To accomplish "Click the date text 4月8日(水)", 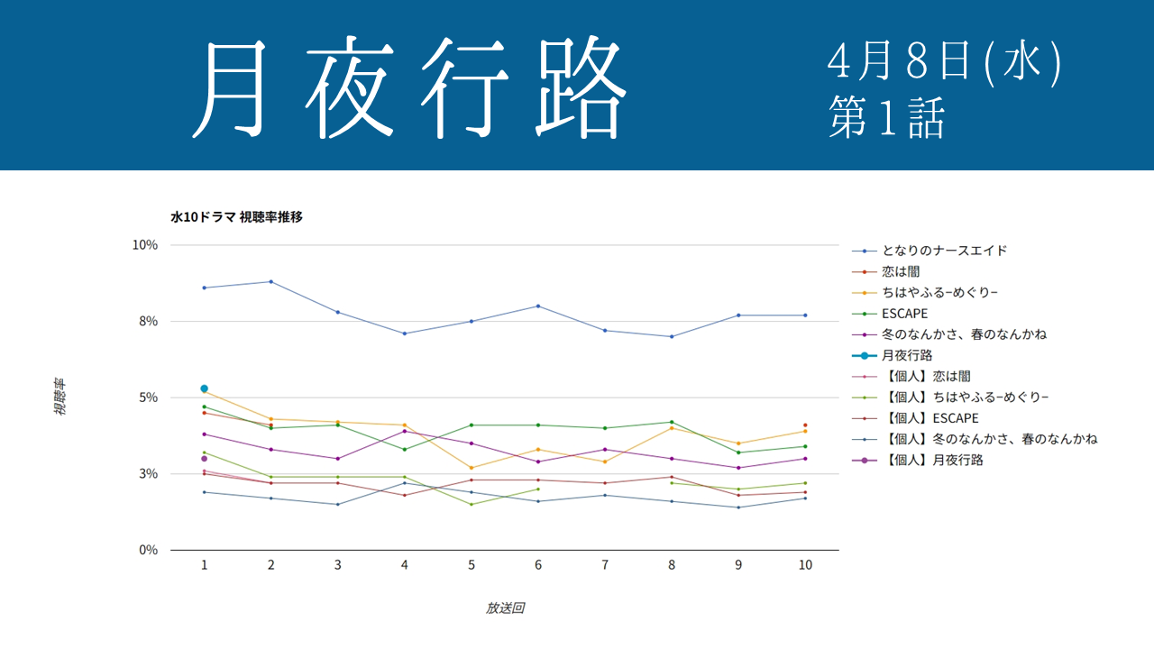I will coord(944,62).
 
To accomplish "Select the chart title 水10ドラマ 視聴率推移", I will coord(236,217).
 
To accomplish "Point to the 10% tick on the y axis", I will coord(145,245).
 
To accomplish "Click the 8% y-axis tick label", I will coord(148,321).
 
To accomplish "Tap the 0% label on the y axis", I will coord(148,550).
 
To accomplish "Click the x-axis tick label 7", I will coord(605,565).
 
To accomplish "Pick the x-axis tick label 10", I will coord(805,565).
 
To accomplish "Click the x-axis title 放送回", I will coord(505,608).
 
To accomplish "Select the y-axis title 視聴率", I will coord(60,398).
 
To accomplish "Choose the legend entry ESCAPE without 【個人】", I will coord(904,314).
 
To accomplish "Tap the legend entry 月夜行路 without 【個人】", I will coord(907,355).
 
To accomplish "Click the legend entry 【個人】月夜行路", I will coord(932,460).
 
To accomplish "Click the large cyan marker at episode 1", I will coord(205,388).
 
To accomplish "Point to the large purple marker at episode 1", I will coord(205,459).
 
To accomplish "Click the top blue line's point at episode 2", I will coord(271,281).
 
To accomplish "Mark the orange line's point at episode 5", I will coord(472,468).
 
